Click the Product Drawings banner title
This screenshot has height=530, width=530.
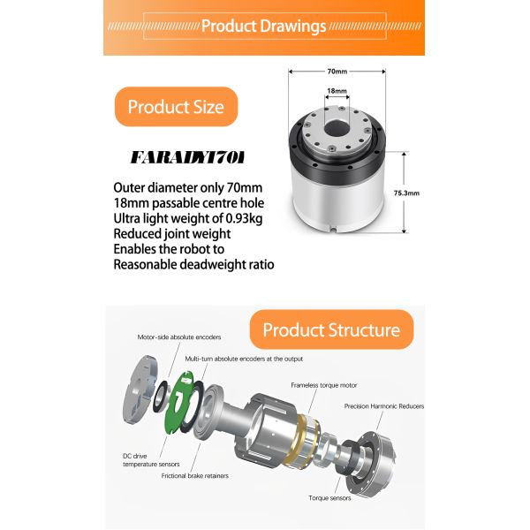(x=263, y=25)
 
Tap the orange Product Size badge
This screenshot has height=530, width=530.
(x=176, y=107)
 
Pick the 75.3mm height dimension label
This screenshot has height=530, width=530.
(x=406, y=192)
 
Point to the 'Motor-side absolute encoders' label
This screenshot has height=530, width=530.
(x=179, y=337)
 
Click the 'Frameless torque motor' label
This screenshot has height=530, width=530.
(x=323, y=385)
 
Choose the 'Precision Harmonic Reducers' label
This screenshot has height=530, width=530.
(x=383, y=406)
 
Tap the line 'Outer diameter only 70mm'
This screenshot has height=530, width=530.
(x=188, y=187)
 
